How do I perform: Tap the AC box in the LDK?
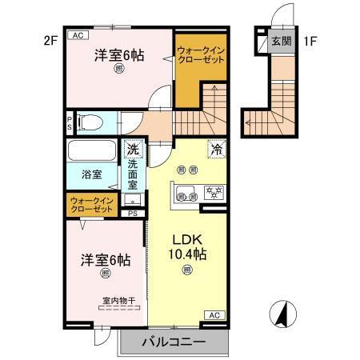click(214, 314)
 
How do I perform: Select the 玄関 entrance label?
click(280, 41)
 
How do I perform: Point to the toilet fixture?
click(91, 123)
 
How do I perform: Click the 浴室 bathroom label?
click(90, 174)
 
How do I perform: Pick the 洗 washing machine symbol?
click(133, 149)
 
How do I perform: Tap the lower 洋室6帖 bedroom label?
click(105, 261)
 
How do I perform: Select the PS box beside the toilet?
click(70, 124)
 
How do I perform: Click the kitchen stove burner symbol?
click(214, 191)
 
